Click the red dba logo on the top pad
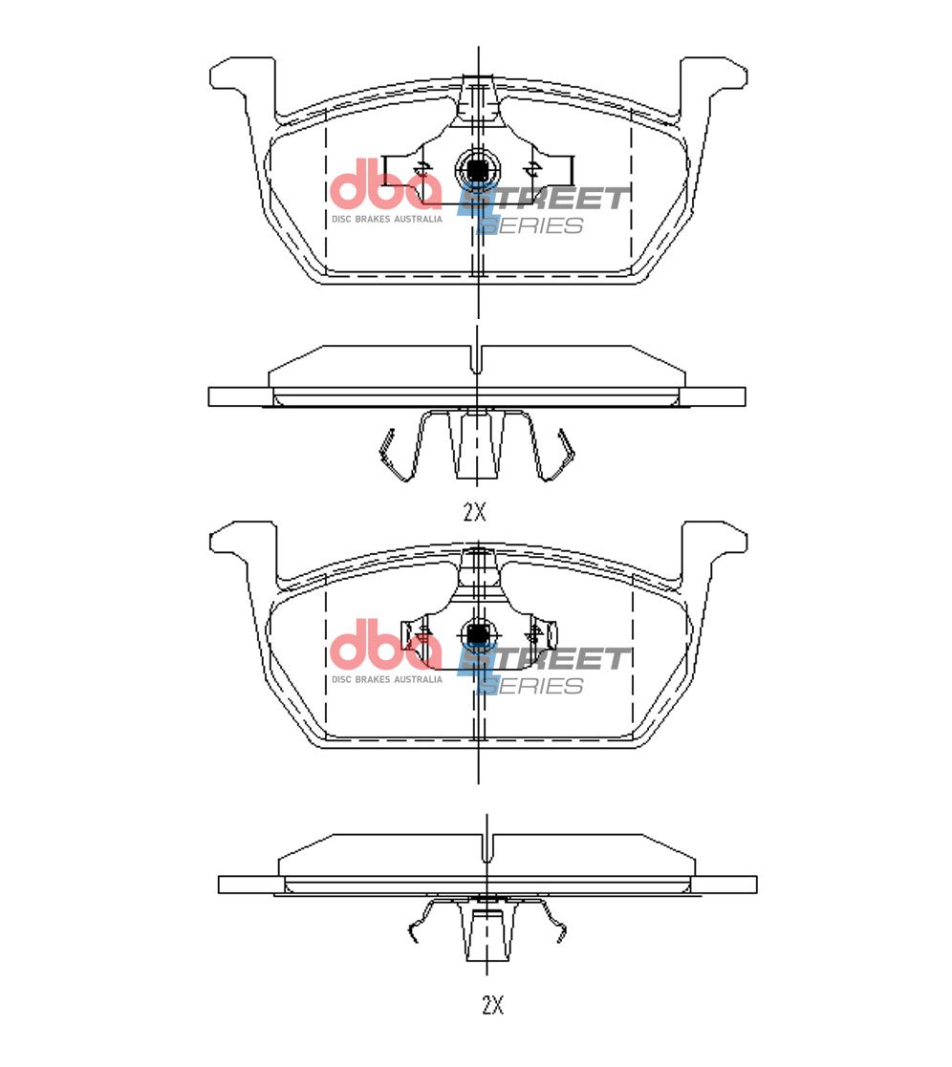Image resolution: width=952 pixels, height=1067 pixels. [x=385, y=183]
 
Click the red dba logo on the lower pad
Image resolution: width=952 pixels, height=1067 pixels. [x=385, y=645]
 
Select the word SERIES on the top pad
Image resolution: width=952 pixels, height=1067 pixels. [x=531, y=225]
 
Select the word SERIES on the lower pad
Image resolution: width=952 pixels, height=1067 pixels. [x=531, y=686]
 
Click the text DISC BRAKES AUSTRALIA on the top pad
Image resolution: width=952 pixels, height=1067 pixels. [x=387, y=219]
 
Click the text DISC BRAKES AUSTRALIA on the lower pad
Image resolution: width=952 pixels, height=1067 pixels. [x=387, y=680]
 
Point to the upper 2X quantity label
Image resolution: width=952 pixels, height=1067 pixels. [x=475, y=512]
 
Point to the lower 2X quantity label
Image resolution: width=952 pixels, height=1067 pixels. [x=492, y=1005]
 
